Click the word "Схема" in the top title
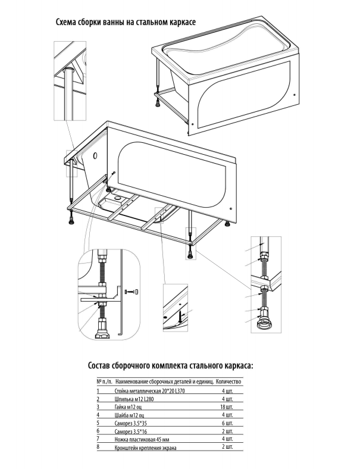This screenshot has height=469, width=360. click(67, 23)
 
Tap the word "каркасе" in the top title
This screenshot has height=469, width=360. click(177, 23)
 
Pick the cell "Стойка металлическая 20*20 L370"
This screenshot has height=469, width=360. click(145, 392)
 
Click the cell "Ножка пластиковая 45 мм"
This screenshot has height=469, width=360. click(138, 439)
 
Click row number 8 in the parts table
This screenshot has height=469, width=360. click(97, 446)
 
